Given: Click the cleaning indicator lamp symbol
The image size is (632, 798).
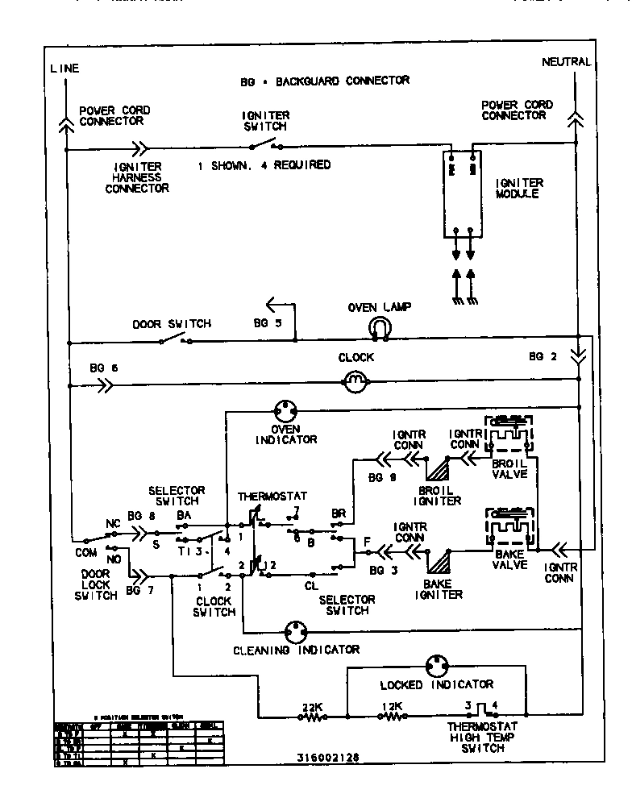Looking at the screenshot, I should pyautogui.click(x=295, y=631).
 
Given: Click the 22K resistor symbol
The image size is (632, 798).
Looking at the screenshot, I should pyautogui.click(x=310, y=714).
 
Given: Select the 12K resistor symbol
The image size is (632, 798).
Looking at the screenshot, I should pyautogui.click(x=389, y=714).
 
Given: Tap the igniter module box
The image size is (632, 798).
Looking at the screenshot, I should pyautogui.click(x=462, y=193).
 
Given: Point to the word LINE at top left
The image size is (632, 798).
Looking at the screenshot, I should pyautogui.click(x=64, y=69).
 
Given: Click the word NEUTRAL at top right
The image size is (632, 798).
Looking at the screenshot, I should pyautogui.click(x=566, y=62).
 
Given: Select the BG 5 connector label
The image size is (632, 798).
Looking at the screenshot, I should pyautogui.click(x=267, y=322).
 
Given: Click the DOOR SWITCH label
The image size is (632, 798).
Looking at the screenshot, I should pyautogui.click(x=171, y=324).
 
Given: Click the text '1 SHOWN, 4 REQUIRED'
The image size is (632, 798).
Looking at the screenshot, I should pyautogui.click(x=264, y=164).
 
